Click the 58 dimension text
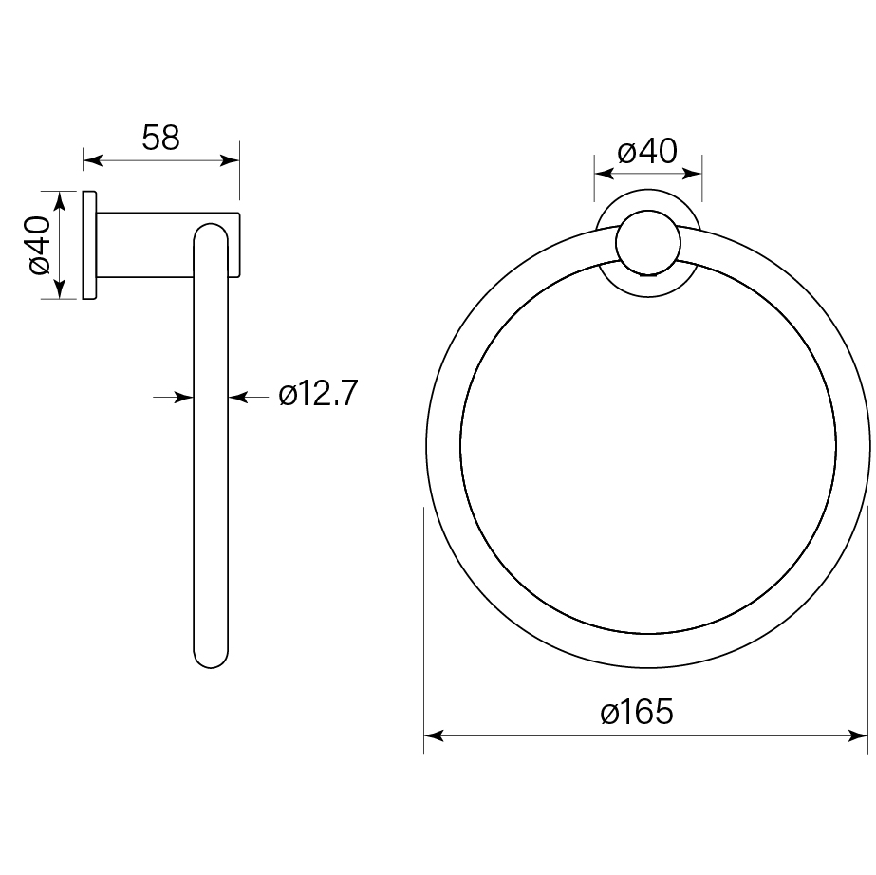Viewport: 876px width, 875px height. pos(160,138)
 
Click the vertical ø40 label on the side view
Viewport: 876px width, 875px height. pos(37,245)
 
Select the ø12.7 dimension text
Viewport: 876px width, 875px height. pos(318,394)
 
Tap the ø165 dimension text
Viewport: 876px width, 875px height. pos(637,712)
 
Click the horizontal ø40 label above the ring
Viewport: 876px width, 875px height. pos(646,151)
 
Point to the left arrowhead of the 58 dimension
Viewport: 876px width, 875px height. pos(90,161)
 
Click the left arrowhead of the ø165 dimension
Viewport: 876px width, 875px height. pos(432,735)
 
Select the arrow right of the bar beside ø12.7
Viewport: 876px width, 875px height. pos(236,397)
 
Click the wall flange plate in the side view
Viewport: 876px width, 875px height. pos(89,245)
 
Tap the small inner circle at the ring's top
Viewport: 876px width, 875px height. pos(647,242)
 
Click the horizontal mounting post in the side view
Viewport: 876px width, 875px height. pos(142,245)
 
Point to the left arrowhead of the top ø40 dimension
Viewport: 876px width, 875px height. pos(601,174)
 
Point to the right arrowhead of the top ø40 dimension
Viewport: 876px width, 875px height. pos(695,174)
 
